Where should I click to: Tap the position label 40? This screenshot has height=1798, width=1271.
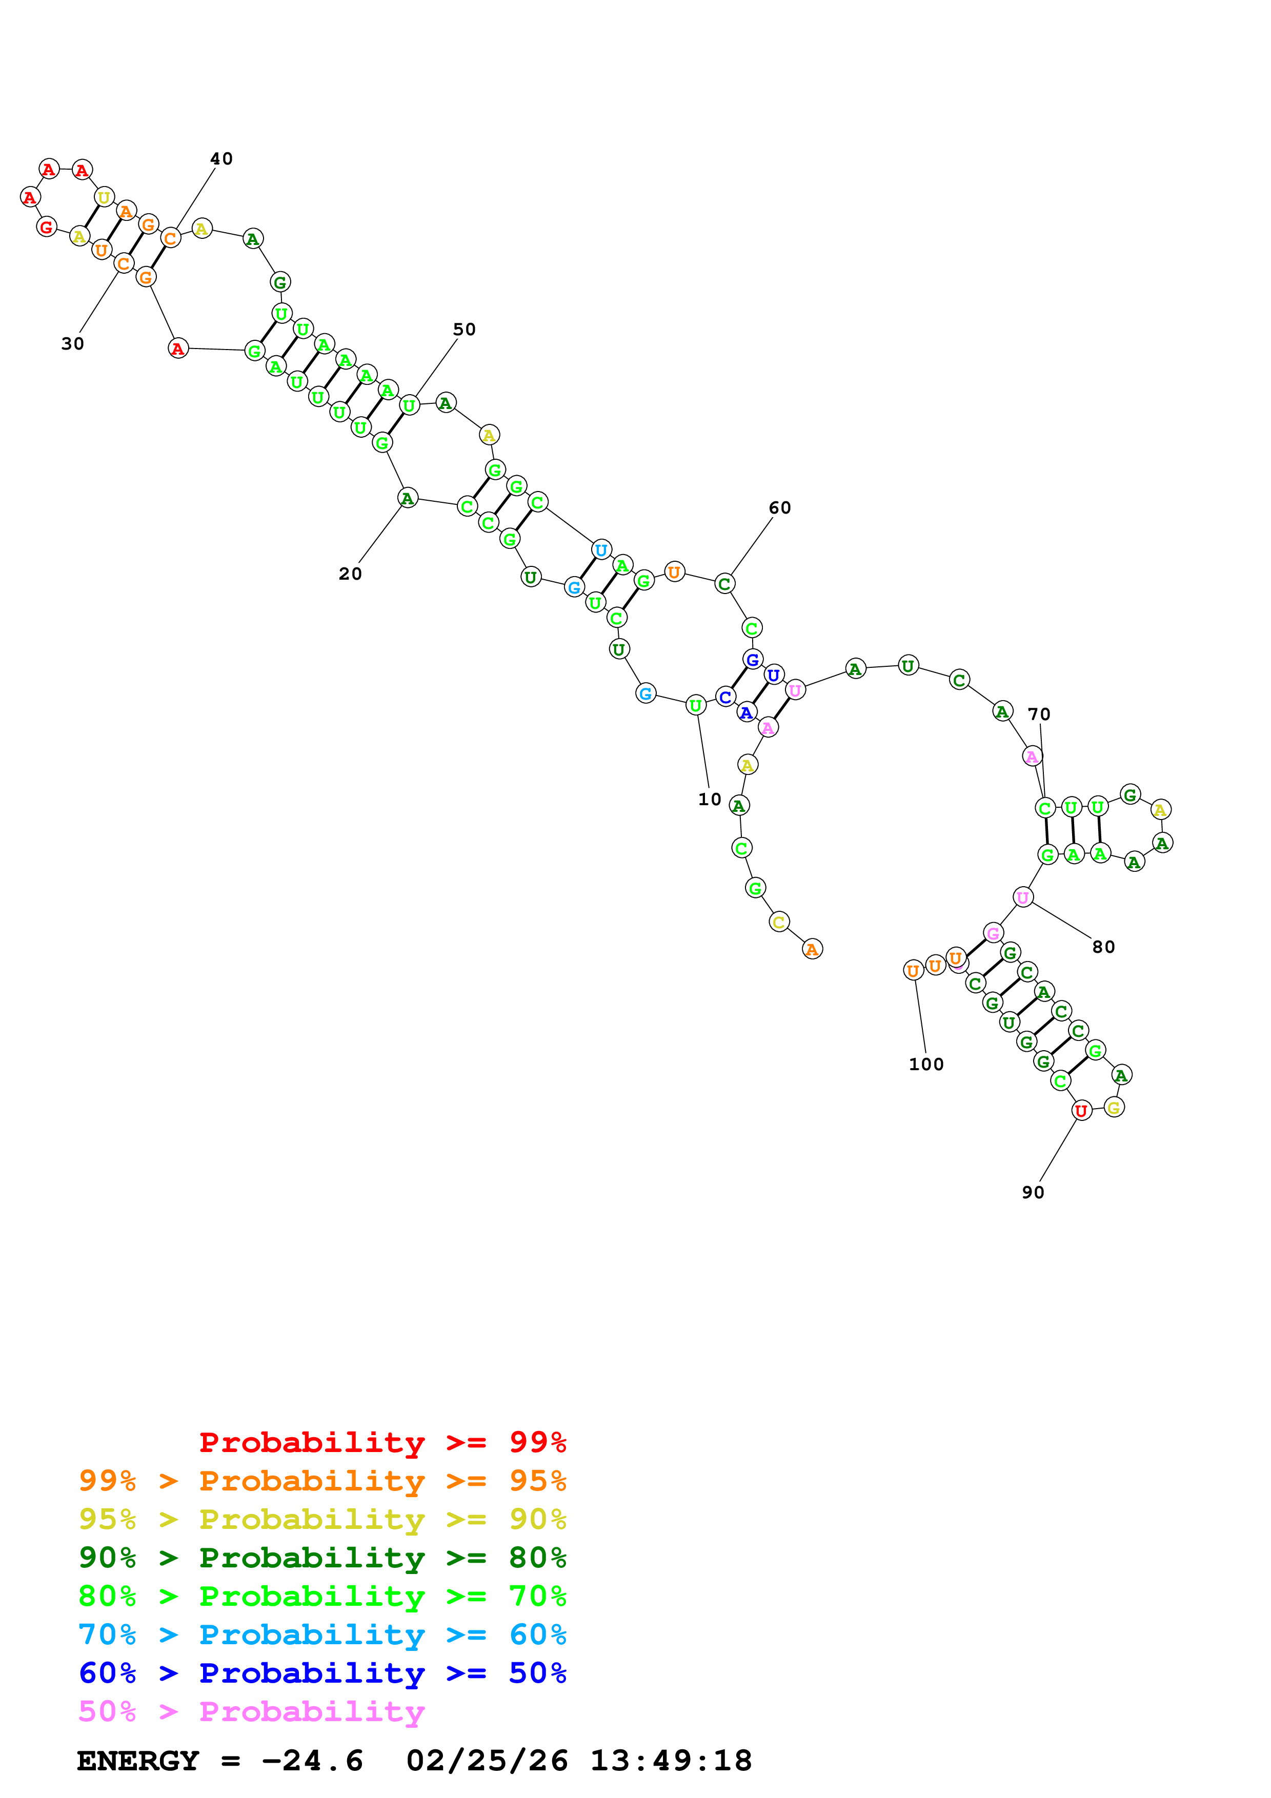click(x=221, y=159)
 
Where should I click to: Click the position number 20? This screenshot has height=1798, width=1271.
click(x=350, y=574)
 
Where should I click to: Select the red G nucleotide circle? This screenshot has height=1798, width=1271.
click(x=47, y=227)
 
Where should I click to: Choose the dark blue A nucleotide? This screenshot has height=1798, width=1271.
click(x=747, y=712)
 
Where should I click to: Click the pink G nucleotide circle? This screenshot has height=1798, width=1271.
click(x=993, y=933)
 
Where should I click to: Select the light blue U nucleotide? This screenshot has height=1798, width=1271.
click(x=601, y=550)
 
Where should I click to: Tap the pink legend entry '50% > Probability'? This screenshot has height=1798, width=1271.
click(x=251, y=1711)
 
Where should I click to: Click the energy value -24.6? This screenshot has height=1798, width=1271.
click(x=312, y=1761)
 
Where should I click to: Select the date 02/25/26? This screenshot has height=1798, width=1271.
click(x=487, y=1761)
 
